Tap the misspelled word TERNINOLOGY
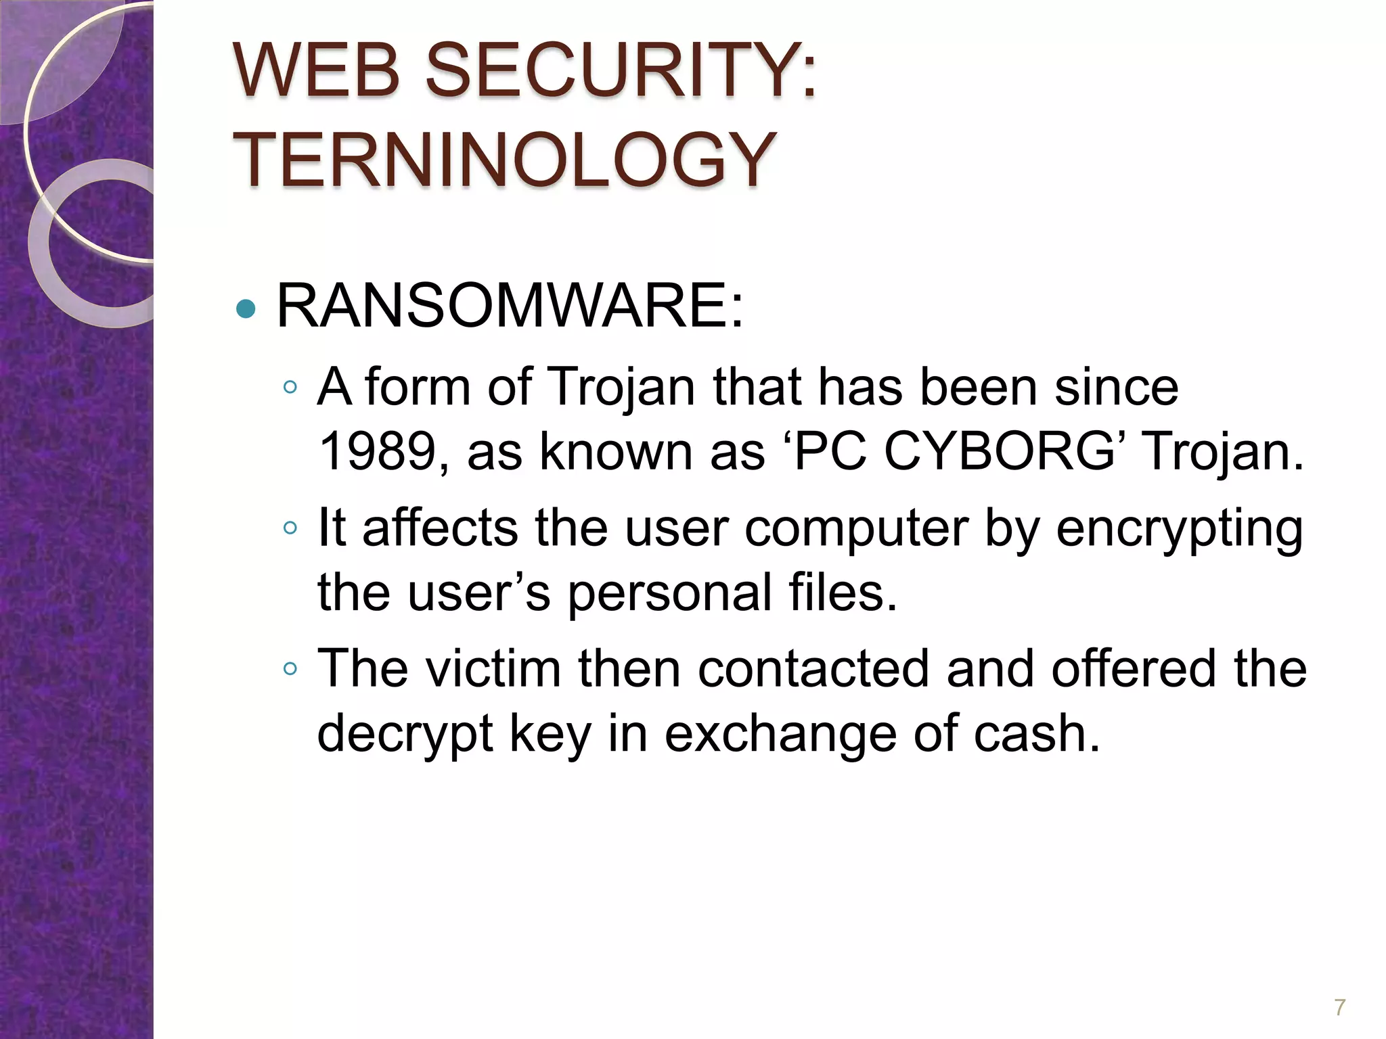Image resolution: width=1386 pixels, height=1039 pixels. [505, 160]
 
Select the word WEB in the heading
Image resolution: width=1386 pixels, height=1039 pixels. [317, 70]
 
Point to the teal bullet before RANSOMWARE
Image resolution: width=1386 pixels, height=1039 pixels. [246, 309]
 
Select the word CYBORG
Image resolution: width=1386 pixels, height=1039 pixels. [999, 451]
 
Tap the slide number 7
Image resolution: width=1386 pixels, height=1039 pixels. [1339, 1007]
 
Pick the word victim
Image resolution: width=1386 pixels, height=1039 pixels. [494, 668]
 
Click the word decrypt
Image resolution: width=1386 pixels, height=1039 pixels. [405, 735]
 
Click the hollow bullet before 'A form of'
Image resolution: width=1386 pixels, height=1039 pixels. [290, 387]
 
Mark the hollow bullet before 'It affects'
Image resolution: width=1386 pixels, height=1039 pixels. [290, 528]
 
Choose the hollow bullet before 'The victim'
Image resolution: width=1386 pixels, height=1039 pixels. [290, 668]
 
